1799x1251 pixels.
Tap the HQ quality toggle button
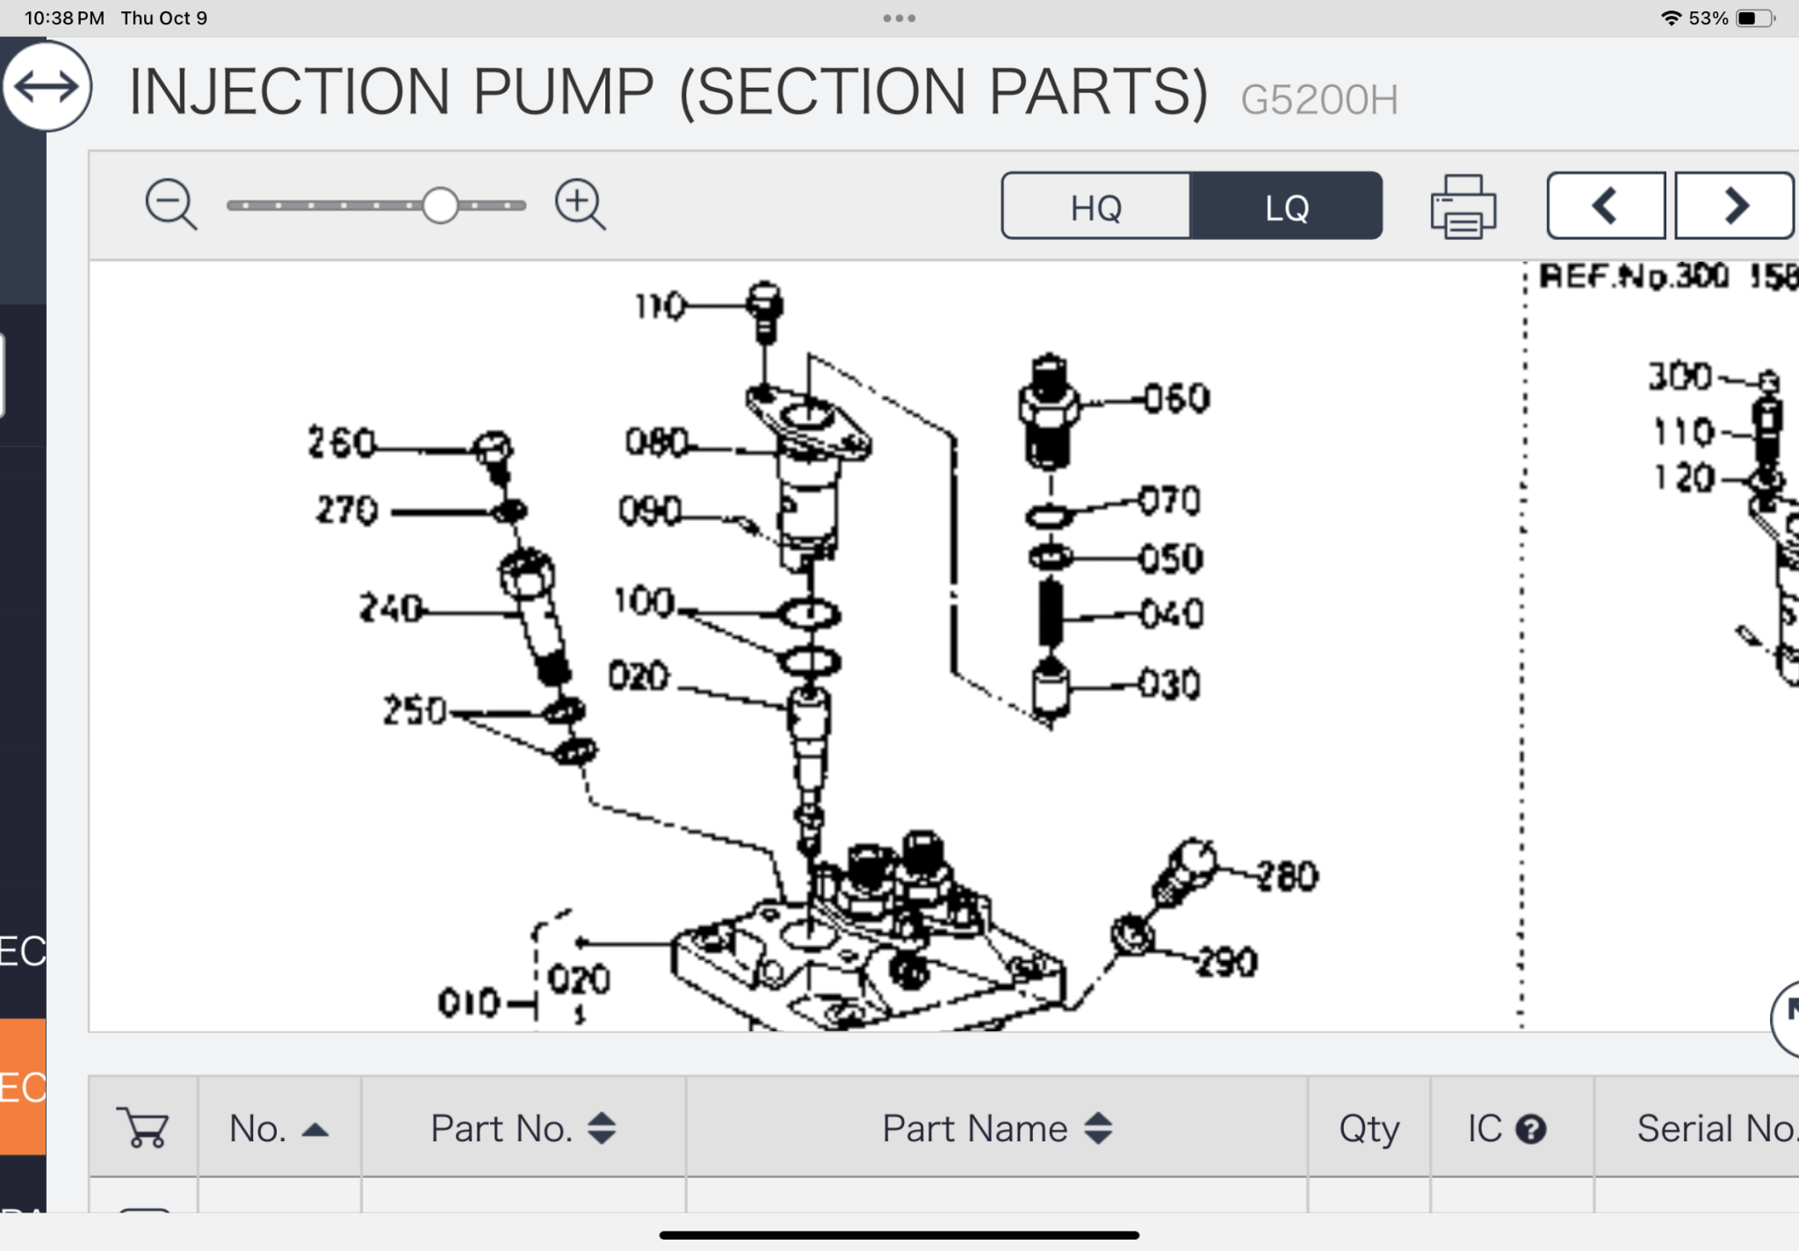pos(1095,206)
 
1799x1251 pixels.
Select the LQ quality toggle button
pos(1286,206)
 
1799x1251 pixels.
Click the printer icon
pos(1463,207)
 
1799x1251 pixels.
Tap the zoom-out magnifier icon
pos(170,204)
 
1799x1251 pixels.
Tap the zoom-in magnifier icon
pos(580,204)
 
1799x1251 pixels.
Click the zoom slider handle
pos(440,206)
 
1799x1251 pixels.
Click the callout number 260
pos(341,442)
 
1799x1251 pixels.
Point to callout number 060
pos(1177,400)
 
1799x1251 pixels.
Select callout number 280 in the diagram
pos(1287,877)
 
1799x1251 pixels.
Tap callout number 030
pos(1170,684)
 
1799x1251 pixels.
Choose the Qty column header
pos(1369,1129)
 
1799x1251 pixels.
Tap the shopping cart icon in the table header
pos(143,1127)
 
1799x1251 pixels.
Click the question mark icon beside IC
pos(1531,1130)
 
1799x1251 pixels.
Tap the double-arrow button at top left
pos(47,87)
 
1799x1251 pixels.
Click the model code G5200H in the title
pos(1319,100)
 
